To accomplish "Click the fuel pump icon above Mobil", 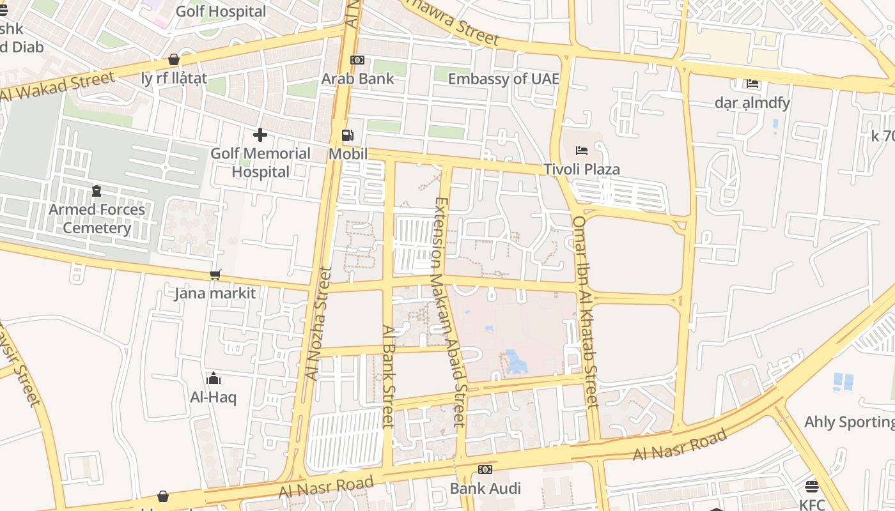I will click(x=348, y=135).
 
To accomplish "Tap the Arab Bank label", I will click(x=357, y=79).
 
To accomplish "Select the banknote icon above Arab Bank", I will click(x=357, y=60).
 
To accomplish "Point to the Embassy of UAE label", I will click(x=503, y=79).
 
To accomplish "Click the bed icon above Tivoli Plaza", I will click(x=582, y=151).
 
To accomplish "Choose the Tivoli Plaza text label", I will click(x=582, y=169).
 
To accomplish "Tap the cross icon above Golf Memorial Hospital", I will click(x=260, y=135).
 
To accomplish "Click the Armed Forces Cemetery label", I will click(x=97, y=218).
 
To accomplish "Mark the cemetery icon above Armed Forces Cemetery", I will click(x=97, y=191).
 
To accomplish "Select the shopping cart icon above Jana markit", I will click(x=215, y=275).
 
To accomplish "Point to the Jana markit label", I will click(x=215, y=293).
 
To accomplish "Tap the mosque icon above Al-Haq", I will click(x=214, y=379).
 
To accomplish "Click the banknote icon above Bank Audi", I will click(x=485, y=469).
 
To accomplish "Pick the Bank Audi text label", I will click(x=485, y=489).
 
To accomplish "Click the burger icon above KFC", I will click(x=812, y=487).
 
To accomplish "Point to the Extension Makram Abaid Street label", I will click(x=449, y=312).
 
